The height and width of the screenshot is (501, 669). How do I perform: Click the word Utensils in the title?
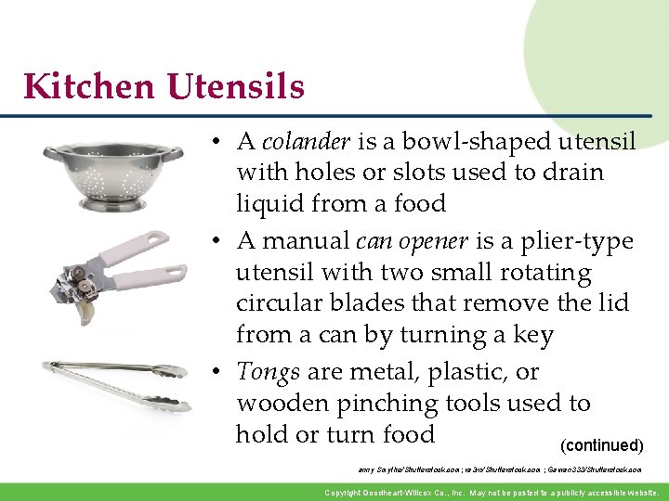236,87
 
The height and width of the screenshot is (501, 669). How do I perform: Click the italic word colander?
306,142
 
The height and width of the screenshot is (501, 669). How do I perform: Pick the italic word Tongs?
268,373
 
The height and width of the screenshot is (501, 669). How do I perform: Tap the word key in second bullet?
532,335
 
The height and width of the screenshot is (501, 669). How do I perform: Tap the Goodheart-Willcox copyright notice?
492,493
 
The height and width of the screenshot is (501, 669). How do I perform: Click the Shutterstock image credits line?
499,470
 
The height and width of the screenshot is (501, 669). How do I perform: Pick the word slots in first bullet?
423,173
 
